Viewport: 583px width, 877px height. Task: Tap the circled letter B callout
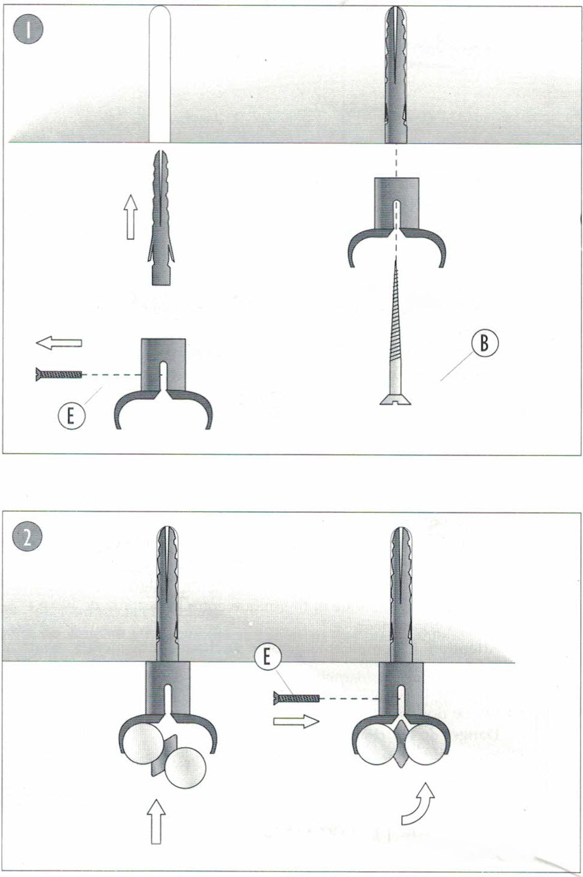[484, 344]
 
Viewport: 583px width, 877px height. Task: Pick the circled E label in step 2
[267, 658]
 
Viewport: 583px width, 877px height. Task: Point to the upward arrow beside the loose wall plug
[131, 219]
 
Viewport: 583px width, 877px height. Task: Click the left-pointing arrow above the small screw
[59, 343]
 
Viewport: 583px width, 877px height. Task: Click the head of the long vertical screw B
[395, 399]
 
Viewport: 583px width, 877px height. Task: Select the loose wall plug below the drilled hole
[159, 219]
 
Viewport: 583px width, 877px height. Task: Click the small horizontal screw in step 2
[297, 697]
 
